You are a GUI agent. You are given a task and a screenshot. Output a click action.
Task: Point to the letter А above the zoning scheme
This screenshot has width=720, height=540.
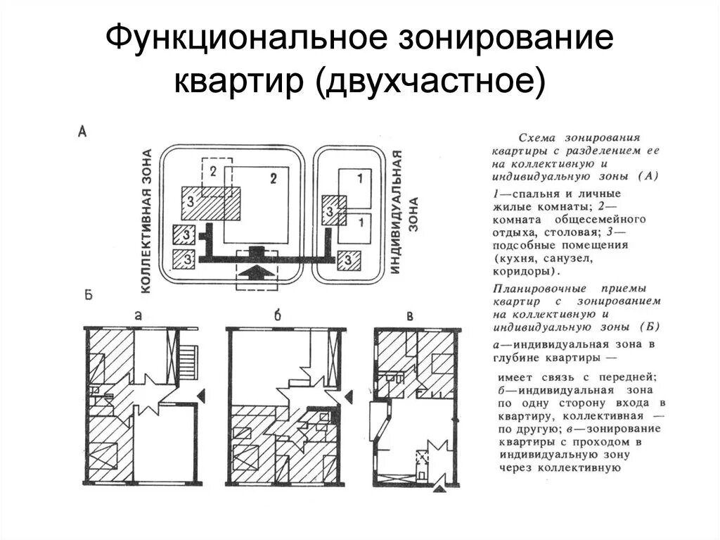tap(82, 130)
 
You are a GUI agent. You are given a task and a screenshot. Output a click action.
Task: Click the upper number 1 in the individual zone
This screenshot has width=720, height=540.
tap(360, 177)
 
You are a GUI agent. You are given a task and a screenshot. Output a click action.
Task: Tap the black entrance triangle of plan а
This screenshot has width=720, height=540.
tap(202, 398)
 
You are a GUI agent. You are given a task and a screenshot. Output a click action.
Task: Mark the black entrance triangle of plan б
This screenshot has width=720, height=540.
tap(352, 398)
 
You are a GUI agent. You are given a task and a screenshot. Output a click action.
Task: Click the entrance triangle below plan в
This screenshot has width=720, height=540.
tap(440, 488)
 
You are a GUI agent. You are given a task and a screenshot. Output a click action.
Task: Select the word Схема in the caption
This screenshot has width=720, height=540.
tap(534, 138)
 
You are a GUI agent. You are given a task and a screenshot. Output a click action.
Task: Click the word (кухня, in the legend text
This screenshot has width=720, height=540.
tap(519, 258)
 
